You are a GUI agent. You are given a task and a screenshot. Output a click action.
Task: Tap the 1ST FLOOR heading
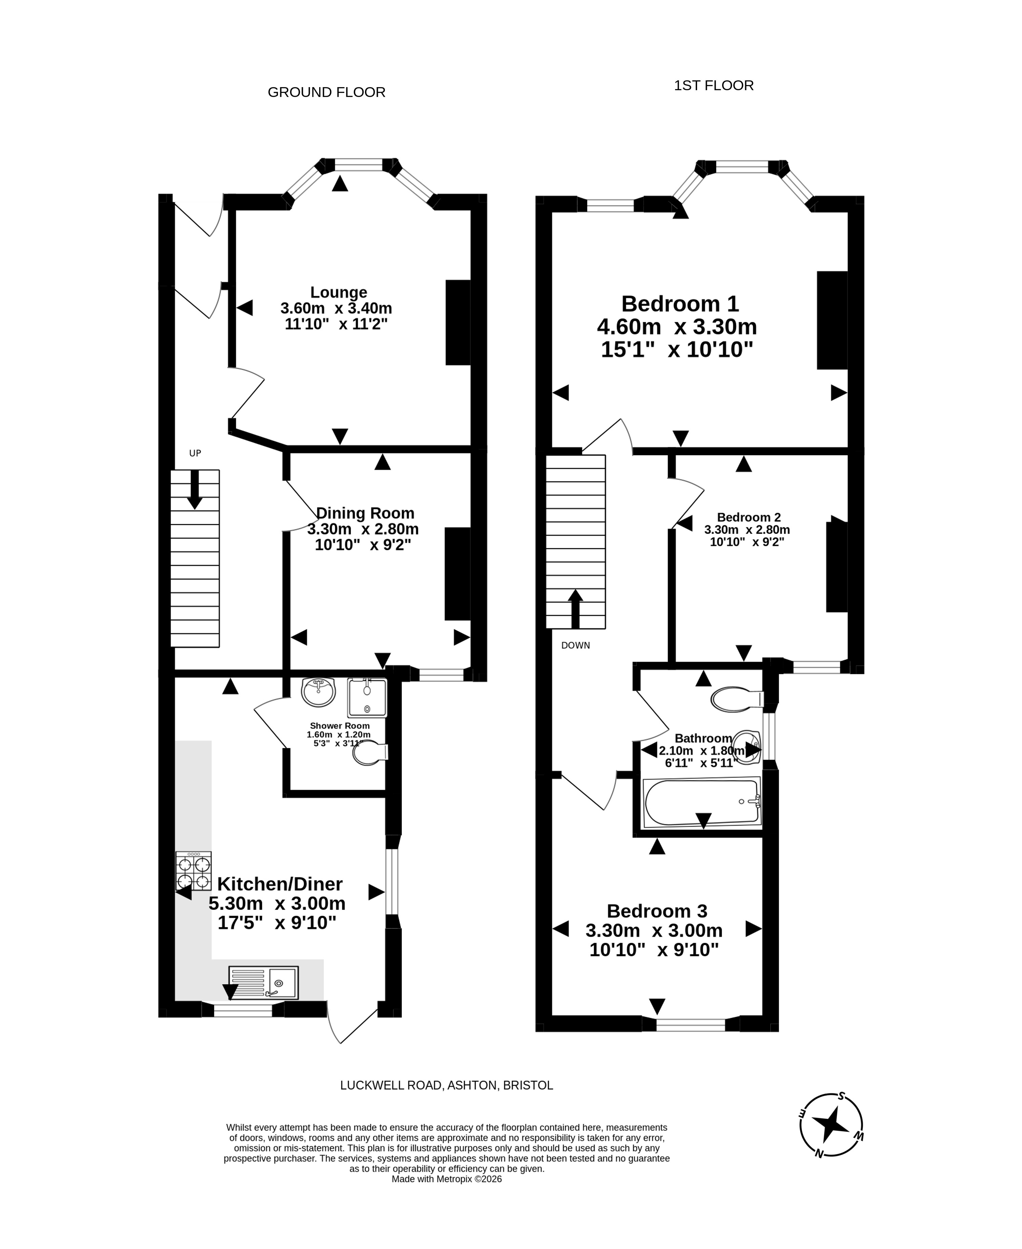point(714,86)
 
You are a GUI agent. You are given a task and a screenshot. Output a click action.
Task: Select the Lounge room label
point(339,292)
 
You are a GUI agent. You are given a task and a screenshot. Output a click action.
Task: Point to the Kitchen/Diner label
point(280,884)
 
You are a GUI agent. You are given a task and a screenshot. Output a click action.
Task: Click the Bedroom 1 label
point(680,304)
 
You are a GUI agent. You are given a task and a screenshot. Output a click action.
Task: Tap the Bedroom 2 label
point(749,517)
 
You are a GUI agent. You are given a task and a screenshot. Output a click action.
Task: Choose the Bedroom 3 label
point(657,911)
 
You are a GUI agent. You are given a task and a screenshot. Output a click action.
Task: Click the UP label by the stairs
point(195,453)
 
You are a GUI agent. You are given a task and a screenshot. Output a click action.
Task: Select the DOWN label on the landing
point(575,646)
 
